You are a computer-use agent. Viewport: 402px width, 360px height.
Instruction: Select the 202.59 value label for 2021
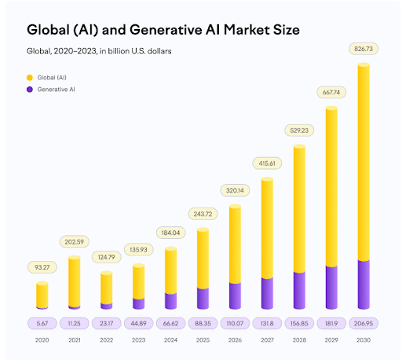(75, 241)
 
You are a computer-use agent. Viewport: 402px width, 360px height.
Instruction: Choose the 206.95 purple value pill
(364, 322)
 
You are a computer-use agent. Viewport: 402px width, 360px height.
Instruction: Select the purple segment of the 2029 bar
(331, 287)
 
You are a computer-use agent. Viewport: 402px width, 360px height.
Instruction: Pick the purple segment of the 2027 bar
(267, 293)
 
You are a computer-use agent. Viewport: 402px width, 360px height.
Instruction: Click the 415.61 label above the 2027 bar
(266, 163)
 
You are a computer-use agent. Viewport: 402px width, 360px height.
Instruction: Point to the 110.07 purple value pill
(235, 322)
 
